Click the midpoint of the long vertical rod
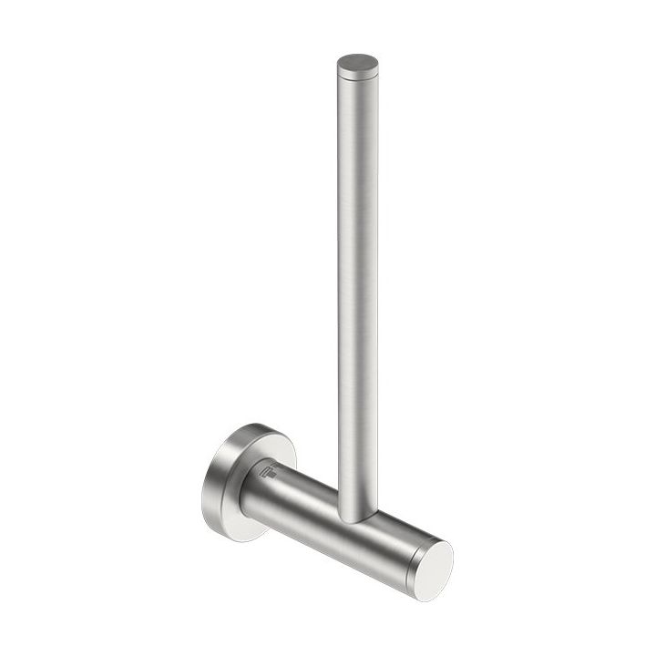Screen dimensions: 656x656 pos(357,292)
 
